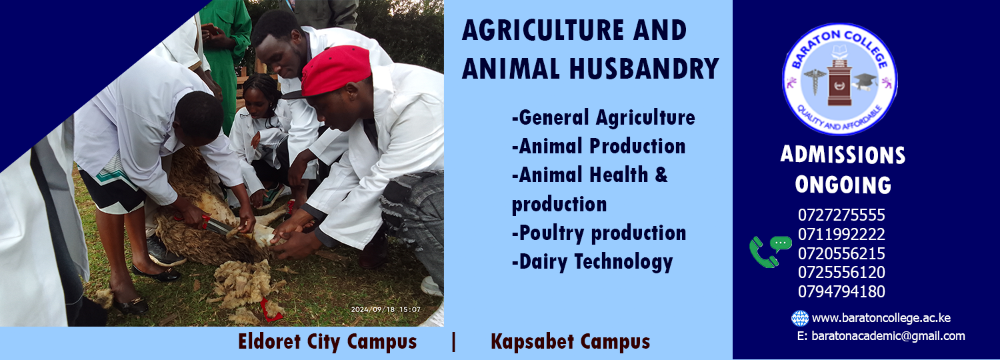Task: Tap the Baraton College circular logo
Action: point(840,79)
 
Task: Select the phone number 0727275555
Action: point(841,215)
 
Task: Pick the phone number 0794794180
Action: point(841,291)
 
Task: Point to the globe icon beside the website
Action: point(799,319)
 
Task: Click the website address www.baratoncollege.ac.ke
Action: point(881,319)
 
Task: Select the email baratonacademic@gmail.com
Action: point(888,336)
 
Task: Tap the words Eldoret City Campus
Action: point(327,342)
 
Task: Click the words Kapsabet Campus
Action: point(571,342)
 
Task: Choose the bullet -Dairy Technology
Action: point(593,262)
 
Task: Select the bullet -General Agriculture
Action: point(603,118)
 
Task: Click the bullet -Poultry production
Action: point(599,233)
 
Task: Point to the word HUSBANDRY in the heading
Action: point(644,69)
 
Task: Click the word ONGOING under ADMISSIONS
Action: point(843,185)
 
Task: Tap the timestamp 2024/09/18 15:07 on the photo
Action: point(386,309)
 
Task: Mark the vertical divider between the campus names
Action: point(453,342)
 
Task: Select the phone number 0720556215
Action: point(841,254)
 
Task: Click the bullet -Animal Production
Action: point(599,147)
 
